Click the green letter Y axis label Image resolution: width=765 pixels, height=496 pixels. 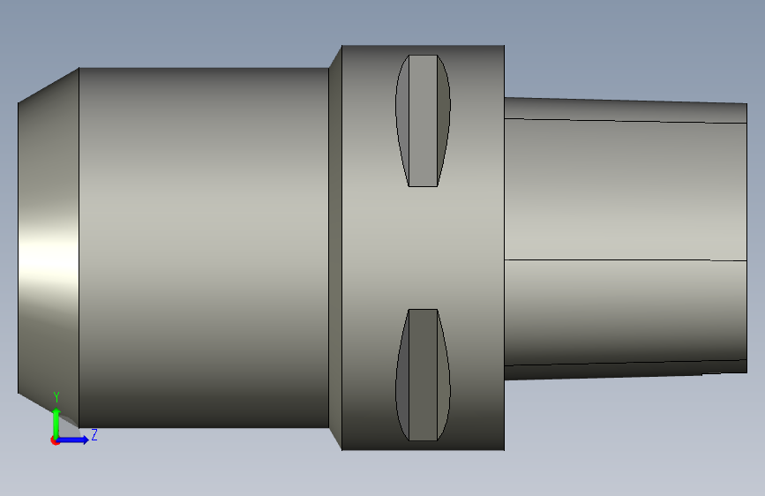coord(56,397)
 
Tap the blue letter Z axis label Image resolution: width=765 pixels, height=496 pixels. coord(94,434)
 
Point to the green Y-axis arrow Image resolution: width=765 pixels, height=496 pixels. coord(56,423)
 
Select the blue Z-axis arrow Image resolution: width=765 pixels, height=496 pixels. coord(73,440)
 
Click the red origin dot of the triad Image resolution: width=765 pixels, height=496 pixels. coord(55,440)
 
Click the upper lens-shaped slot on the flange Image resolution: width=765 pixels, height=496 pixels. coord(423,121)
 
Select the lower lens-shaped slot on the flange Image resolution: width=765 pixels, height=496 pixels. coord(423,375)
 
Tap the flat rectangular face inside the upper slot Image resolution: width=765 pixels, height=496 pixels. coord(423,121)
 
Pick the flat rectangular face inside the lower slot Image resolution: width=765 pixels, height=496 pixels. coord(423,375)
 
